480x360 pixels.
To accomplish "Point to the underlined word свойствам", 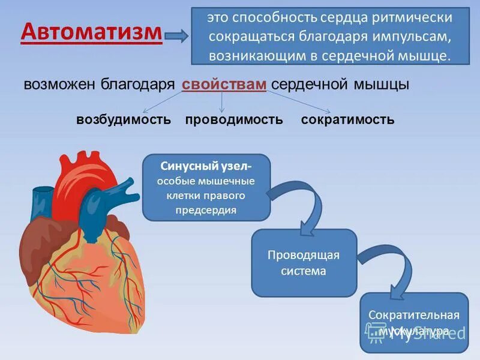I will [x=224, y=85].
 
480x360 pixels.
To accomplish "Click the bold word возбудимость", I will [x=124, y=119].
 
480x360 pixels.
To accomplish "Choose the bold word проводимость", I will [x=234, y=119].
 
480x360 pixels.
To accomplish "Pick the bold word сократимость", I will [x=347, y=119].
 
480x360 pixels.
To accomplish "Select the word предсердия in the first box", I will [x=206, y=209].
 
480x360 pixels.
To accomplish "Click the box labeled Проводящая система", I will [x=304, y=263].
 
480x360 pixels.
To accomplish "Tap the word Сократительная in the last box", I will [x=414, y=315].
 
